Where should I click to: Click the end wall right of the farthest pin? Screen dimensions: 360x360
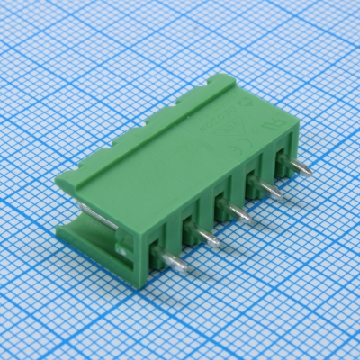tap(292, 144)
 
